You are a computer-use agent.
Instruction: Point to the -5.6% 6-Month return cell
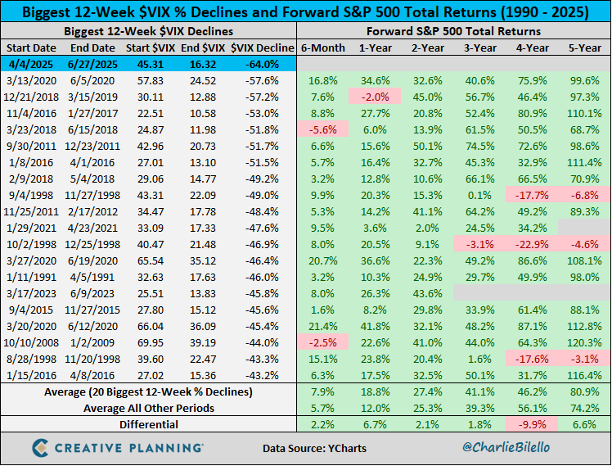pos(323,129)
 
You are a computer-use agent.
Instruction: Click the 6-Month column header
pos(323,47)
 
